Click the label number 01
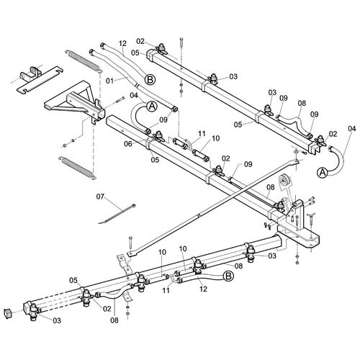point(109,81)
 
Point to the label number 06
point(128,144)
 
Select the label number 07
point(100,197)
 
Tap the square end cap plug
point(7,313)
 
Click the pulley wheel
point(284,181)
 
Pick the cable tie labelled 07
point(117,214)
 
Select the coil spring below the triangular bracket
point(78,168)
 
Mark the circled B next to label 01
point(150,80)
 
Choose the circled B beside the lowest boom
point(228,276)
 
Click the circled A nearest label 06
point(152,107)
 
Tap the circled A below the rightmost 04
point(323,172)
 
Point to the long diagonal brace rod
point(215,207)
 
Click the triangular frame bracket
point(75,102)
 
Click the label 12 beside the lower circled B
point(203,289)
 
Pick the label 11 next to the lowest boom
point(166,290)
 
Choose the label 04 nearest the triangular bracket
point(134,95)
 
